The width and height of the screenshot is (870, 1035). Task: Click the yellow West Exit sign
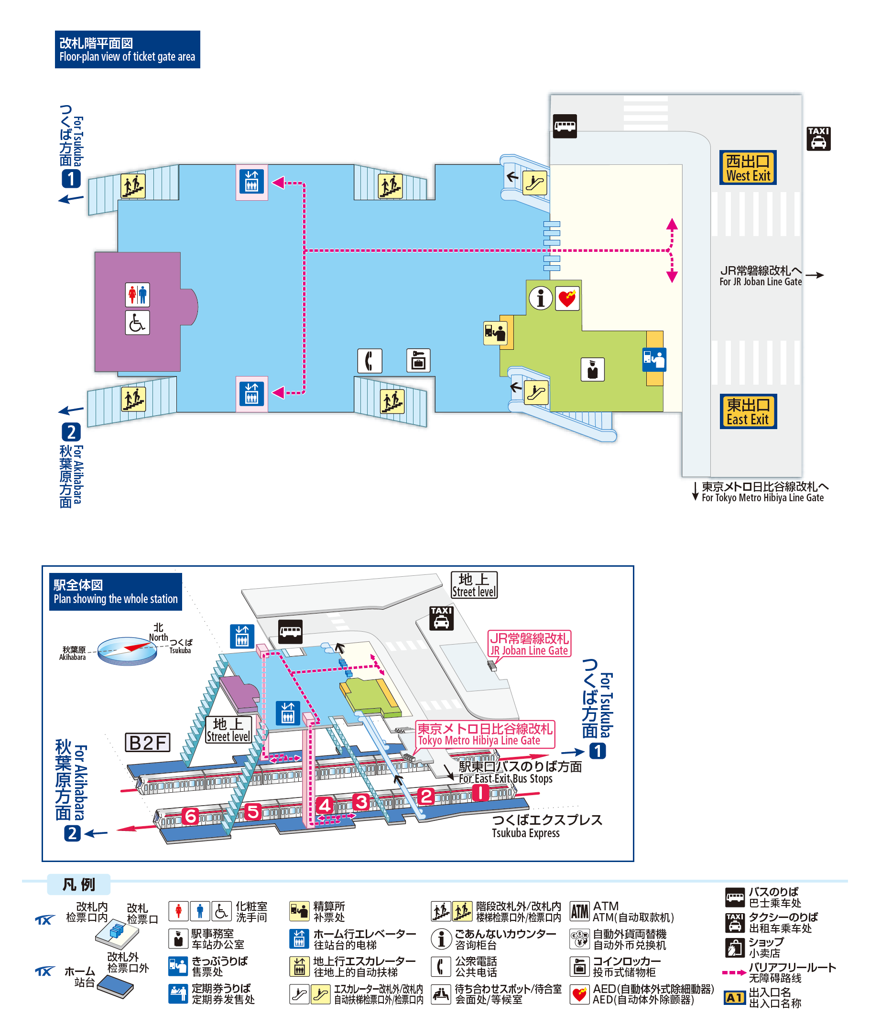coord(748,167)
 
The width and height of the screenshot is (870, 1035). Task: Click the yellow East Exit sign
coord(748,411)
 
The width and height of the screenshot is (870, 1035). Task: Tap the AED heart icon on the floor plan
coord(567,298)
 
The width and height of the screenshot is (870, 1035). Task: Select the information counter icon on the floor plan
coord(541,298)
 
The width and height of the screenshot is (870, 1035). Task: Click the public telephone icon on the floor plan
coord(370,360)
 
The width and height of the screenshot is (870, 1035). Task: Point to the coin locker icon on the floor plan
coord(418,360)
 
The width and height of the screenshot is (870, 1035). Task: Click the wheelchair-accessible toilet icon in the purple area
coord(137,323)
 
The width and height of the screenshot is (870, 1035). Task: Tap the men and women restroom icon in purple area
coord(137,295)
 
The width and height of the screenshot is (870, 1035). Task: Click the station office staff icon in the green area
coord(592,369)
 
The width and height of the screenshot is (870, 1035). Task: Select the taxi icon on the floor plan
coord(819,139)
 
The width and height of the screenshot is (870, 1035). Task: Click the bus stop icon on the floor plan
coord(565,126)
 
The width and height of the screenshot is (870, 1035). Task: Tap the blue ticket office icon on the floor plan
coord(654,359)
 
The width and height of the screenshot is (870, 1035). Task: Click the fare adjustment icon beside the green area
coord(495,333)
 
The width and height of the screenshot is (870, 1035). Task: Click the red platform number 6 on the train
coord(190,816)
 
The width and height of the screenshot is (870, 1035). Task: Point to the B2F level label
coord(147,742)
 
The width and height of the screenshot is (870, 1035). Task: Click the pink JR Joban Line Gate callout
coord(529,644)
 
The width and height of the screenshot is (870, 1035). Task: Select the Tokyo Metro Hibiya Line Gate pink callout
coord(485,734)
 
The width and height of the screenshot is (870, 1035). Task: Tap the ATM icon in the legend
coord(579,911)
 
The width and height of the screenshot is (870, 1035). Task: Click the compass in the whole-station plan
coord(127,650)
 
